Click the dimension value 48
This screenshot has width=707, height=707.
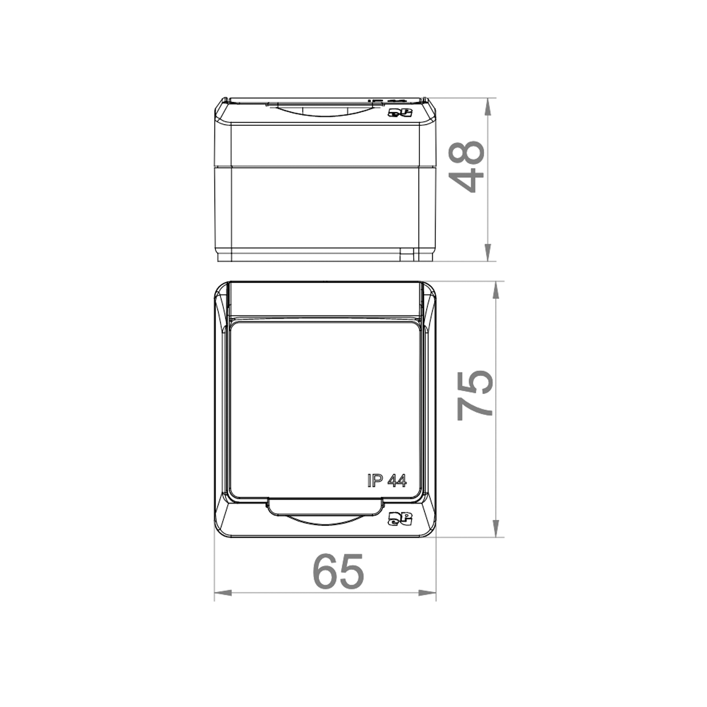[466, 166]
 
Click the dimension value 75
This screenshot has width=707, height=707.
[475, 395]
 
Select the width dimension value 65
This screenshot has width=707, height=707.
[338, 571]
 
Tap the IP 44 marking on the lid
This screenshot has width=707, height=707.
[386, 480]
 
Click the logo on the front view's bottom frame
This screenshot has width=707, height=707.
[400, 518]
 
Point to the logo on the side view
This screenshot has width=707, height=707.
[400, 112]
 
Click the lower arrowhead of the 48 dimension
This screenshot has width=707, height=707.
[488, 252]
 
